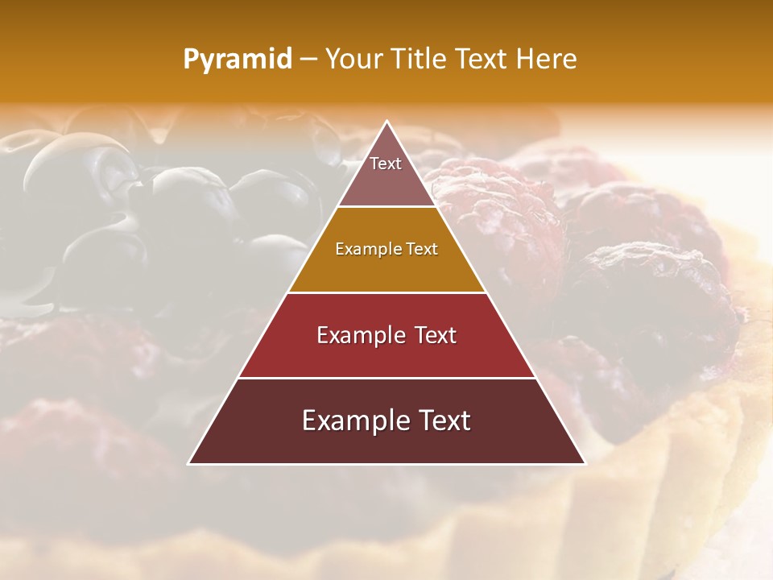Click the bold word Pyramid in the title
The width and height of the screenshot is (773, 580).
point(238,60)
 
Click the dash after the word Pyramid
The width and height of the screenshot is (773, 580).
point(308,60)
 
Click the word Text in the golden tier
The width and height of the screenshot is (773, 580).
point(422,250)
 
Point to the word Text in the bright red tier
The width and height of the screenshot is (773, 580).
point(436,335)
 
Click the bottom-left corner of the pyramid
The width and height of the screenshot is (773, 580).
point(189,463)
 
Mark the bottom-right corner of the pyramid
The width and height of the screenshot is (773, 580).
point(585,463)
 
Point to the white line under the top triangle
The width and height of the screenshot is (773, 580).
point(386,207)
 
